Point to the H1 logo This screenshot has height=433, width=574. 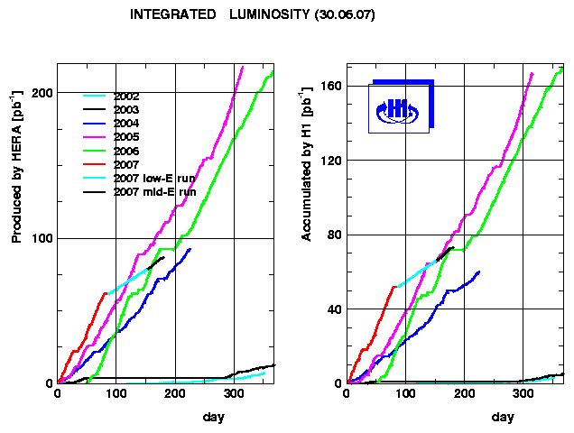point(398,108)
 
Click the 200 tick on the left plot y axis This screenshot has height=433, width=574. point(41,93)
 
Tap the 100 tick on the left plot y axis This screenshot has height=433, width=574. point(41,238)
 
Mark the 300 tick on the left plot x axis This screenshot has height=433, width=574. point(235,394)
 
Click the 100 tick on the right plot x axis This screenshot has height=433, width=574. point(406,394)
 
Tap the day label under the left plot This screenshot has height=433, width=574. point(214,417)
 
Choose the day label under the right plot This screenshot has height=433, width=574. point(503,417)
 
